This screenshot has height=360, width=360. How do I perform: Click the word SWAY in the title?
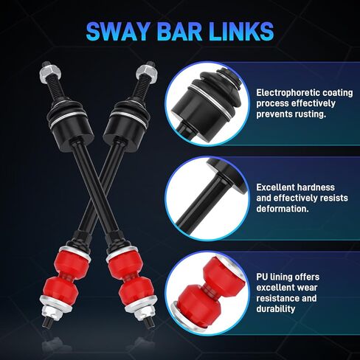click(118, 32)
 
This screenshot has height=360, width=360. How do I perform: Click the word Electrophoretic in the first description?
click(287, 93)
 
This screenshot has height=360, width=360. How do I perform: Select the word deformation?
click(283, 209)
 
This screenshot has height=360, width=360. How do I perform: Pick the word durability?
click(275, 309)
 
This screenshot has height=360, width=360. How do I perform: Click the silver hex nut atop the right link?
click(146, 72)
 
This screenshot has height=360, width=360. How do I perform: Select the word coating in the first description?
click(337, 93)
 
